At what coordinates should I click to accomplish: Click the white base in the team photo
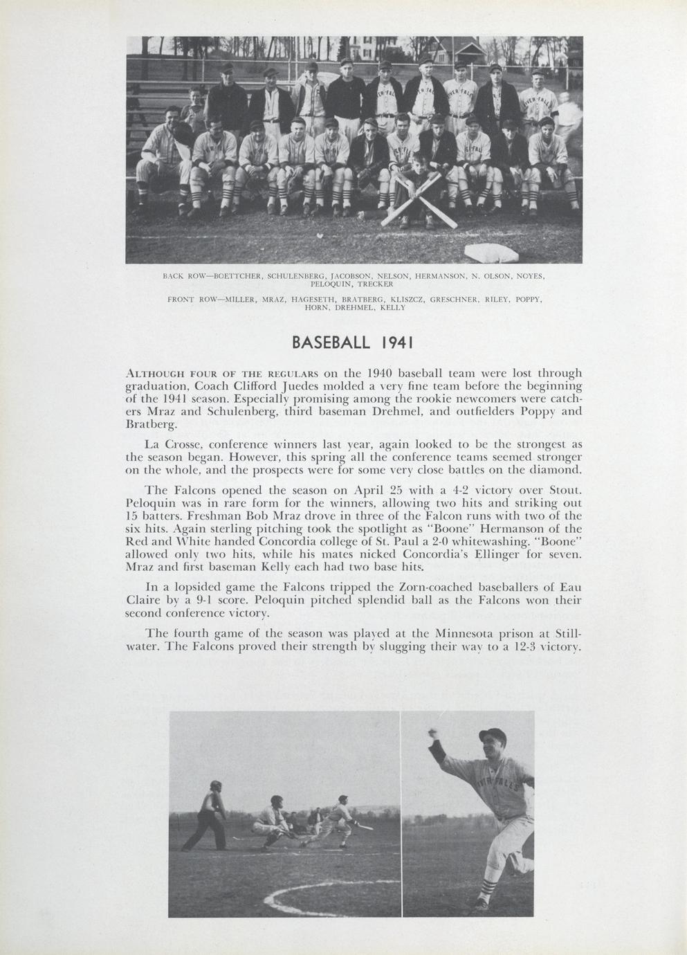pyautogui.click(x=491, y=253)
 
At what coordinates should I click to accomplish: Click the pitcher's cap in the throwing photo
pyautogui.click(x=492, y=736)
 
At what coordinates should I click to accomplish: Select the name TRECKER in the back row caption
pyautogui.click(x=375, y=284)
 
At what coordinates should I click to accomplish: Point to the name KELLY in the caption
pyautogui.click(x=392, y=307)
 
